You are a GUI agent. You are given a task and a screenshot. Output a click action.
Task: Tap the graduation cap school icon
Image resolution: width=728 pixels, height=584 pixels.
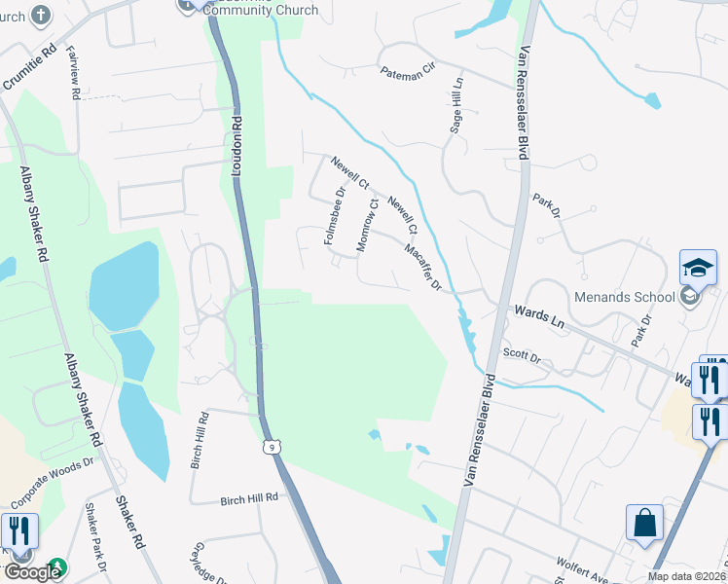click(698, 268)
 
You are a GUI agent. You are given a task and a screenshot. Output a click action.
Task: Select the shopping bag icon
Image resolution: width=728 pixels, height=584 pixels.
click(644, 523)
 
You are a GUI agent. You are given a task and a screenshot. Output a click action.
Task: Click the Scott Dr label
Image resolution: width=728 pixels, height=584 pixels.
click(521, 355)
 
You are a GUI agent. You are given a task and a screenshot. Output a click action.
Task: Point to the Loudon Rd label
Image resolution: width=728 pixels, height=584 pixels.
click(237, 147)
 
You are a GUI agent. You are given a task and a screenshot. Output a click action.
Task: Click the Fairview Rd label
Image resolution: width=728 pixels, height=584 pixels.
click(73, 74)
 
